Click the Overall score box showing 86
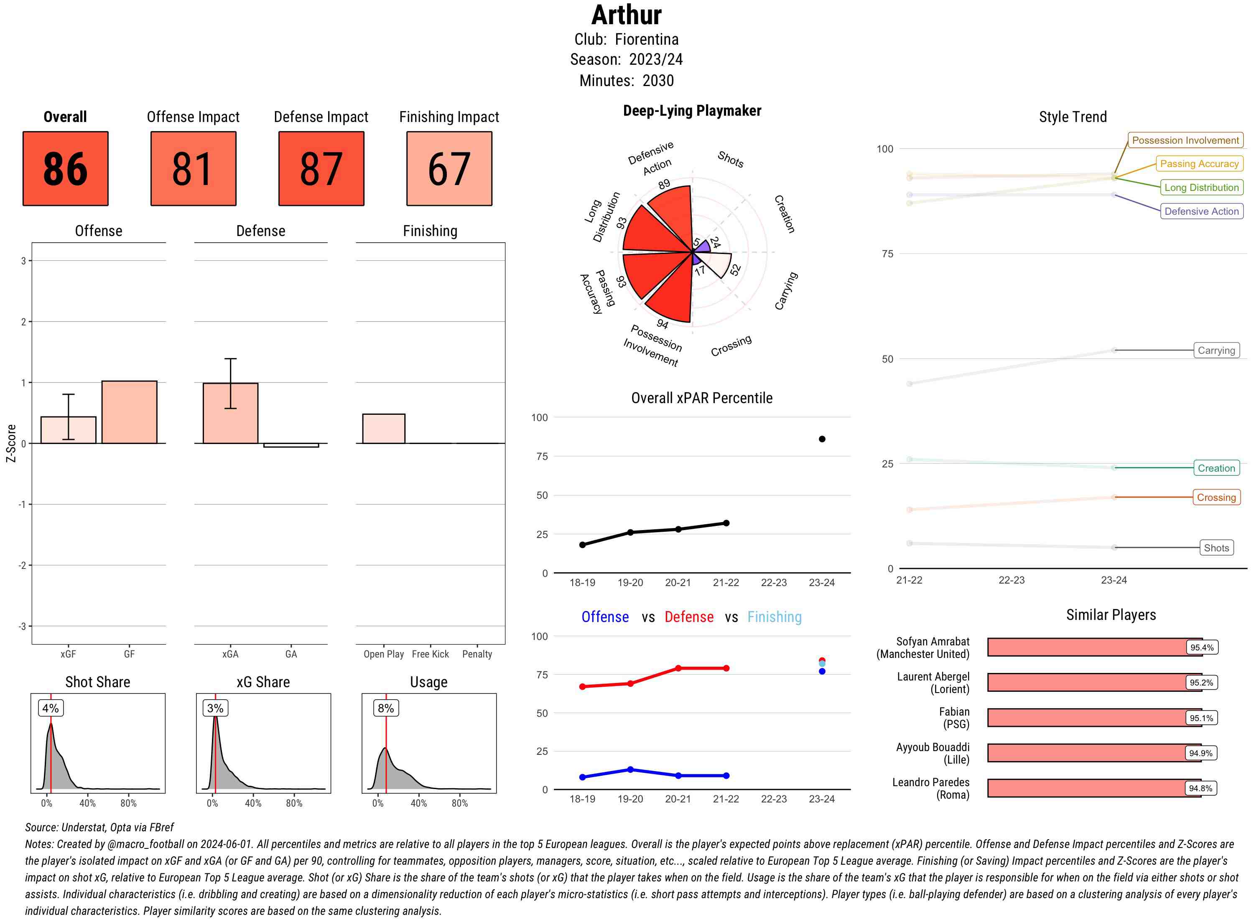pyautogui.click(x=65, y=169)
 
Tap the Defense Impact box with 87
pyautogui.click(x=321, y=169)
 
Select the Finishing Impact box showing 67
pyautogui.click(x=449, y=169)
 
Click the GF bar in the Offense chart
pyautogui.click(x=129, y=412)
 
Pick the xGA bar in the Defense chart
pyautogui.click(x=230, y=413)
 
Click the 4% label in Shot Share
pyautogui.click(x=51, y=708)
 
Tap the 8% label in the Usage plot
pyautogui.click(x=386, y=708)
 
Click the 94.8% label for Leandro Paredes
pyautogui.click(x=1200, y=788)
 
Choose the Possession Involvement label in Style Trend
pyautogui.click(x=1185, y=140)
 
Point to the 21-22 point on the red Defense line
pyautogui.click(x=726, y=668)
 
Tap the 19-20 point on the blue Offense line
pyautogui.click(x=630, y=769)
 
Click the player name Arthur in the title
pyautogui.click(x=626, y=15)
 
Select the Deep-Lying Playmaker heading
pyautogui.click(x=692, y=111)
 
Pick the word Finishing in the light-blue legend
pyautogui.click(x=774, y=617)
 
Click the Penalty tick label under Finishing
pyautogui.click(x=477, y=654)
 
